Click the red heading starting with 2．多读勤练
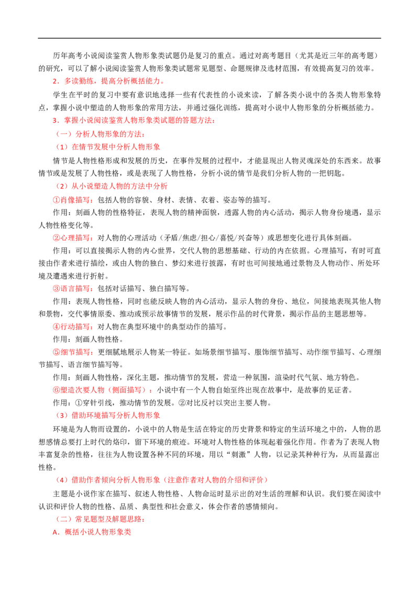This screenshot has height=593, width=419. click(x=108, y=81)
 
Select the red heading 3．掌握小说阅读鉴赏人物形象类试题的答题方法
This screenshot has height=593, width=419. click(x=134, y=120)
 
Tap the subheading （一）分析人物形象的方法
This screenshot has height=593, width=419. click(x=100, y=134)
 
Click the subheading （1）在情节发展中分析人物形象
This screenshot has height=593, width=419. click(x=108, y=147)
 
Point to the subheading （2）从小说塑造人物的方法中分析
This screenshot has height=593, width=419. click(x=112, y=186)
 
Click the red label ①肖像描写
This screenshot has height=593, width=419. click(x=73, y=200)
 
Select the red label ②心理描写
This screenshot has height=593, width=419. click(x=73, y=238)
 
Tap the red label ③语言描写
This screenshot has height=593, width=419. click(x=73, y=289)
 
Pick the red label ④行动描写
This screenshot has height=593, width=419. click(x=73, y=327)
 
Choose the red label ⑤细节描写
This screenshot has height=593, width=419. click(x=73, y=352)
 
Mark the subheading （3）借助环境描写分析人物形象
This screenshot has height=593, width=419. click(x=108, y=415)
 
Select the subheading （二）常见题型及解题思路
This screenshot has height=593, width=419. click(x=100, y=519)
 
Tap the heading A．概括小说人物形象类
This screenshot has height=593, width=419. click(x=92, y=532)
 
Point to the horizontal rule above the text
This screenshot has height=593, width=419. click(x=210, y=38)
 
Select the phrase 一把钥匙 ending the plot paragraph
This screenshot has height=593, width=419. click(x=328, y=173)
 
